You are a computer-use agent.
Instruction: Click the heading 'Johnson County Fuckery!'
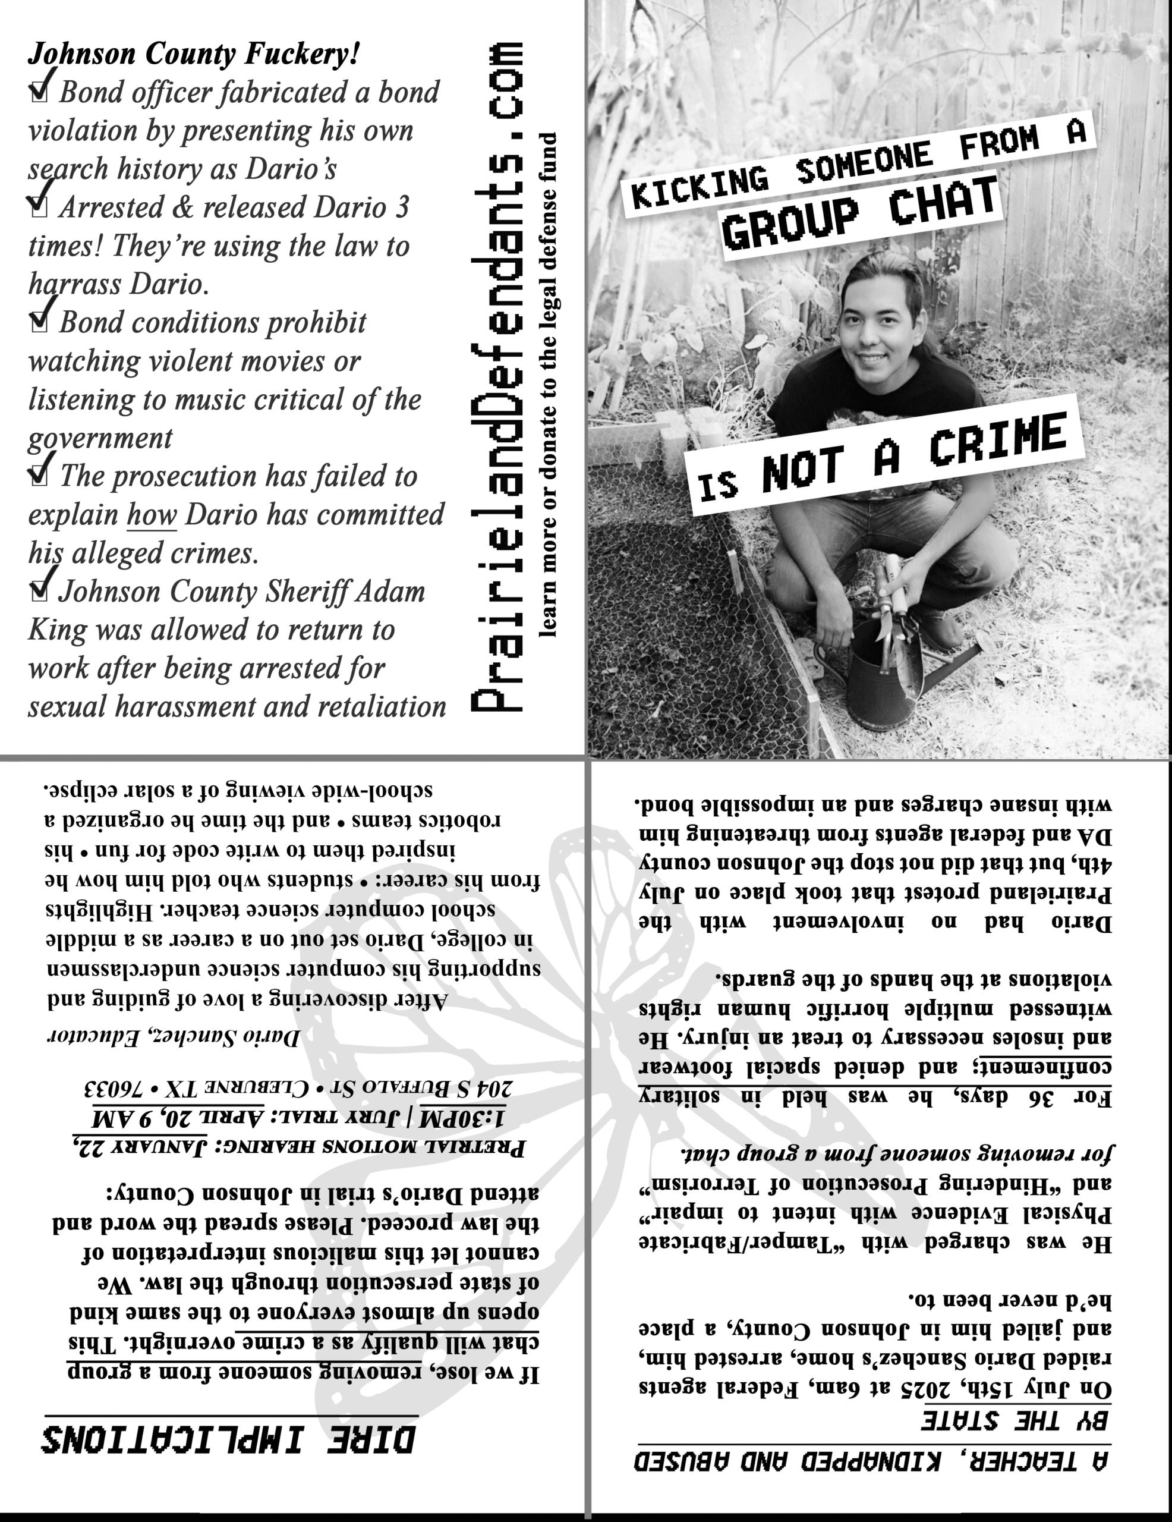click(194, 54)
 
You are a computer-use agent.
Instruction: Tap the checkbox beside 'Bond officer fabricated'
click(40, 93)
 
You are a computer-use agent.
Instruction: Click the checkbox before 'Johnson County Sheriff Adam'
click(40, 590)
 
